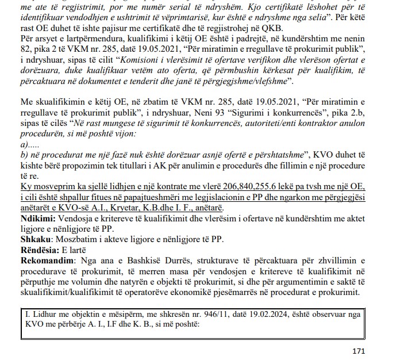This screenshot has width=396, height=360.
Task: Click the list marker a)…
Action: (26, 145)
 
